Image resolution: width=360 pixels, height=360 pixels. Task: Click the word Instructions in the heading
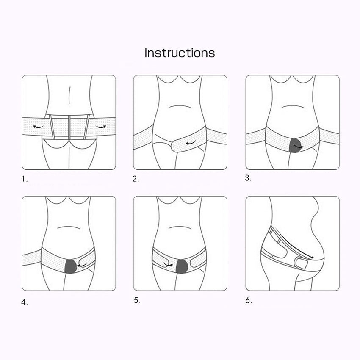[180, 53]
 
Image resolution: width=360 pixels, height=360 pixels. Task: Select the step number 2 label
[136, 179]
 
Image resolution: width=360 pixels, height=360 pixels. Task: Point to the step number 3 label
[248, 178]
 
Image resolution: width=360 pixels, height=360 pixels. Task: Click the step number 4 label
[25, 302]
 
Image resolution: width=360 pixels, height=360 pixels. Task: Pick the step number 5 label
[136, 301]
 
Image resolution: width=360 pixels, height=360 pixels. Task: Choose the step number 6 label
[248, 301]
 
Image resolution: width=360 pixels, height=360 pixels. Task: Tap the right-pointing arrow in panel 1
[100, 126]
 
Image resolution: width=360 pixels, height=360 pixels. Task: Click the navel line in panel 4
[69, 227]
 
